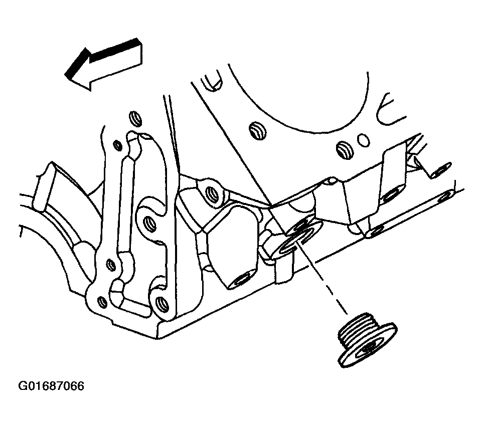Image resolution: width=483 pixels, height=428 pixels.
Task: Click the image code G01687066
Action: click(x=51, y=386)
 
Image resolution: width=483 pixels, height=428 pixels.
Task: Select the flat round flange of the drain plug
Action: click(x=368, y=347)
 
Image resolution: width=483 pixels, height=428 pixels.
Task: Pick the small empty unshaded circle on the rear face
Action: click(x=364, y=140)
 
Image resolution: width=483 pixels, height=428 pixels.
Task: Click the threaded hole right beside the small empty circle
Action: click(x=345, y=150)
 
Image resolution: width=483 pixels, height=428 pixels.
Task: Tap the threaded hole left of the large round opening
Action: click(x=258, y=131)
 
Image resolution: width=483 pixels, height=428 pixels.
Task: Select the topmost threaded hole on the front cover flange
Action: click(x=136, y=119)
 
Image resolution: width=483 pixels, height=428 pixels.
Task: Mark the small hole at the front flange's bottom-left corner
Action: click(x=102, y=303)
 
